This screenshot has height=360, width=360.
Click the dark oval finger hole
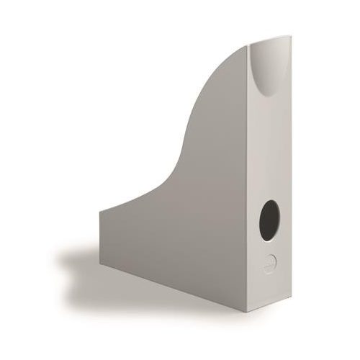click(269, 220)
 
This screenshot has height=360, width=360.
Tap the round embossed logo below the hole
click(269, 264)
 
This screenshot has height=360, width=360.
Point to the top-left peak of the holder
click(248, 44)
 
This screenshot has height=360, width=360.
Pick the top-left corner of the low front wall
click(100, 210)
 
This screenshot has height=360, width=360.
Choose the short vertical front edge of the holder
click(100, 238)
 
